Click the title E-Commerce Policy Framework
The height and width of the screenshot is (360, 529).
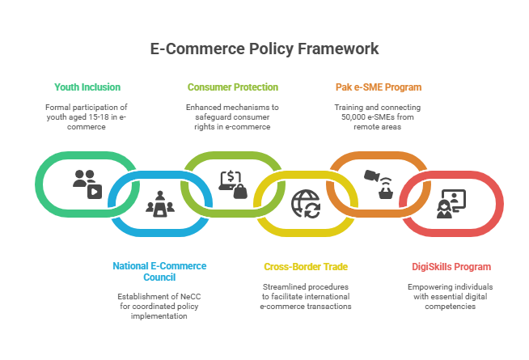point(264,49)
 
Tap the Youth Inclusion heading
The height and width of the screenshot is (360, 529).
point(87,87)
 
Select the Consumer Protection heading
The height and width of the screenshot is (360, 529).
point(232,87)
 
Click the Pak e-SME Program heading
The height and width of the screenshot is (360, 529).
point(378,87)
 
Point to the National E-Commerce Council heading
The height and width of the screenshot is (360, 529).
point(159,270)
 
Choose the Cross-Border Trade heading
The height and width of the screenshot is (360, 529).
point(305,266)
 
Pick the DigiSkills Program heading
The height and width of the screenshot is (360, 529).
point(451,266)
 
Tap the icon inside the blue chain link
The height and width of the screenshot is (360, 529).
point(159,204)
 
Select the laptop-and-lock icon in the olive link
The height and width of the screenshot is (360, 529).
point(233,184)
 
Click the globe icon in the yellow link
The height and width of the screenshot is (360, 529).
point(306,204)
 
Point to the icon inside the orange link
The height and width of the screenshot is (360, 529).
point(378,184)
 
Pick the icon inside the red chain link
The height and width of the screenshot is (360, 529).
point(450,205)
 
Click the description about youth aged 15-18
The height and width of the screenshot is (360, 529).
point(87,116)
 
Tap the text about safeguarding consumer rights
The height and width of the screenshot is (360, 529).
point(232,116)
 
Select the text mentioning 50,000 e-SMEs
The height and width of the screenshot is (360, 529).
point(378,116)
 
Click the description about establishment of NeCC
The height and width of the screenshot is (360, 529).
point(159,306)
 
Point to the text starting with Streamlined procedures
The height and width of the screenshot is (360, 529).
point(305,296)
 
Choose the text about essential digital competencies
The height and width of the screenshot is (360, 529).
point(451,296)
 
